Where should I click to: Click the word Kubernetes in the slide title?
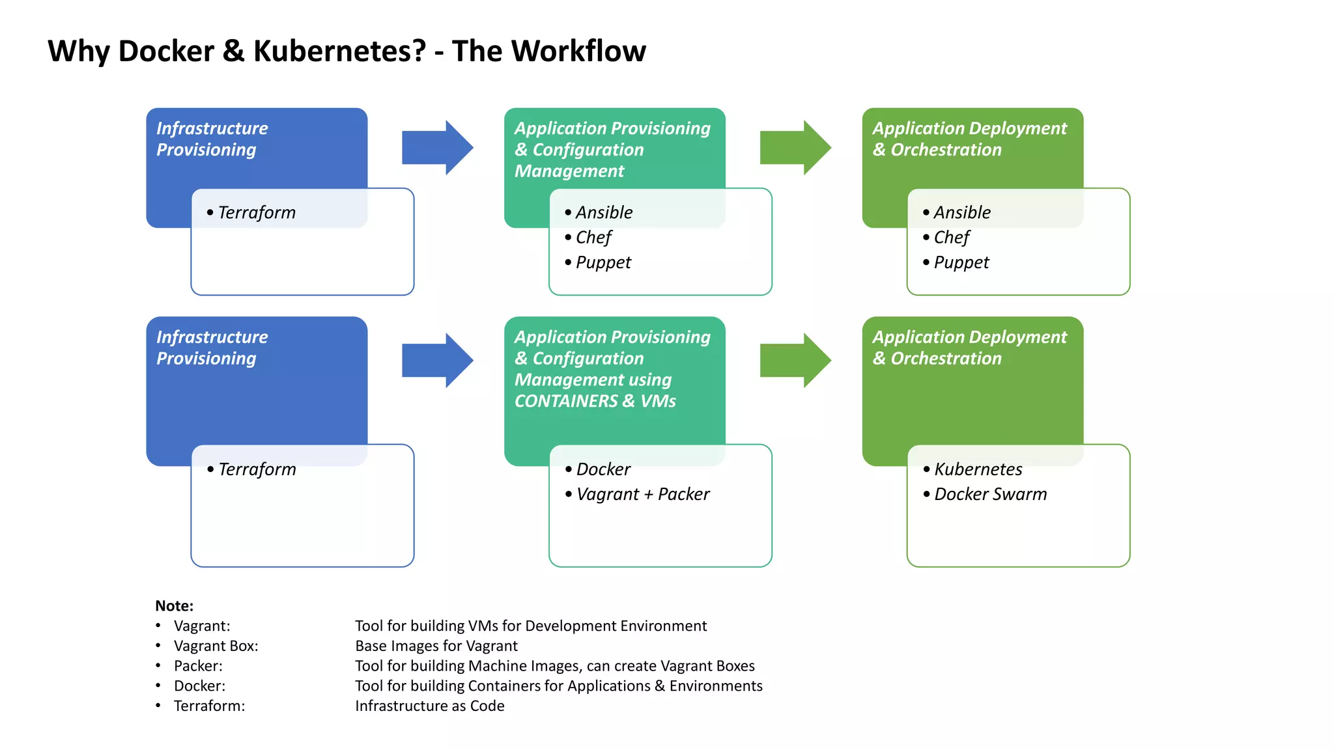coord(339,51)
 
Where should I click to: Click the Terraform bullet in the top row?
coord(256,213)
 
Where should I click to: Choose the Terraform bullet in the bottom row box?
coord(257,469)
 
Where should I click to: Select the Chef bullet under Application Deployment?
coord(951,238)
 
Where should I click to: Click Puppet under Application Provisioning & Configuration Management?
coord(603,262)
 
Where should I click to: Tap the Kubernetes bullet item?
coord(978,469)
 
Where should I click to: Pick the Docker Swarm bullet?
coord(990,494)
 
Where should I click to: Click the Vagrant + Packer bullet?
coord(642,494)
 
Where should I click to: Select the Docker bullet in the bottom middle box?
coord(603,469)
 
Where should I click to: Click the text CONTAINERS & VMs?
coord(595,401)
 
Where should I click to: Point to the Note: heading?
coord(174,606)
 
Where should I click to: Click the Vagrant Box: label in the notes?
coord(216,646)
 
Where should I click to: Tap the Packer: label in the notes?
coord(198,666)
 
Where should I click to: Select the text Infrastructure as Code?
coord(429,706)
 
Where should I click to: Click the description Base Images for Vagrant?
coord(436,646)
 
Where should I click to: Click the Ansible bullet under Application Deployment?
coord(961,213)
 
